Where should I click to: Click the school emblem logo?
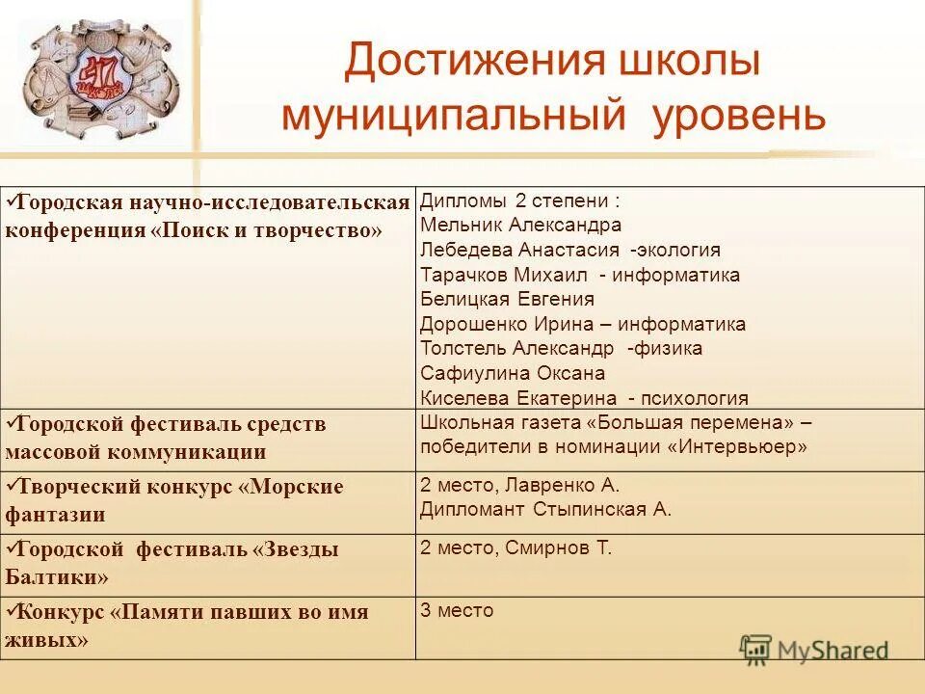pyautogui.click(x=100, y=83)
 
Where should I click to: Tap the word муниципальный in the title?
pyautogui.click(x=447, y=116)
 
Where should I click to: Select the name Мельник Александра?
pyautogui.click(x=520, y=226)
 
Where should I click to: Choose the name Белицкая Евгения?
pyautogui.click(x=507, y=300)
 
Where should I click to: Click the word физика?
pyautogui.click(x=668, y=349)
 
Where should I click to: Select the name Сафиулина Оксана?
pyautogui.click(x=513, y=374)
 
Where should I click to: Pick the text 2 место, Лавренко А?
pyautogui.click(x=519, y=486)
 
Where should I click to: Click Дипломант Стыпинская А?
pyautogui.click(x=545, y=510)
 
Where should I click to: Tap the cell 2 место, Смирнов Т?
pyautogui.click(x=515, y=548)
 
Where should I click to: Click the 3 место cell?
pyautogui.click(x=457, y=611)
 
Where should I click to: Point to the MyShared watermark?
pyautogui.click(x=814, y=650)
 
